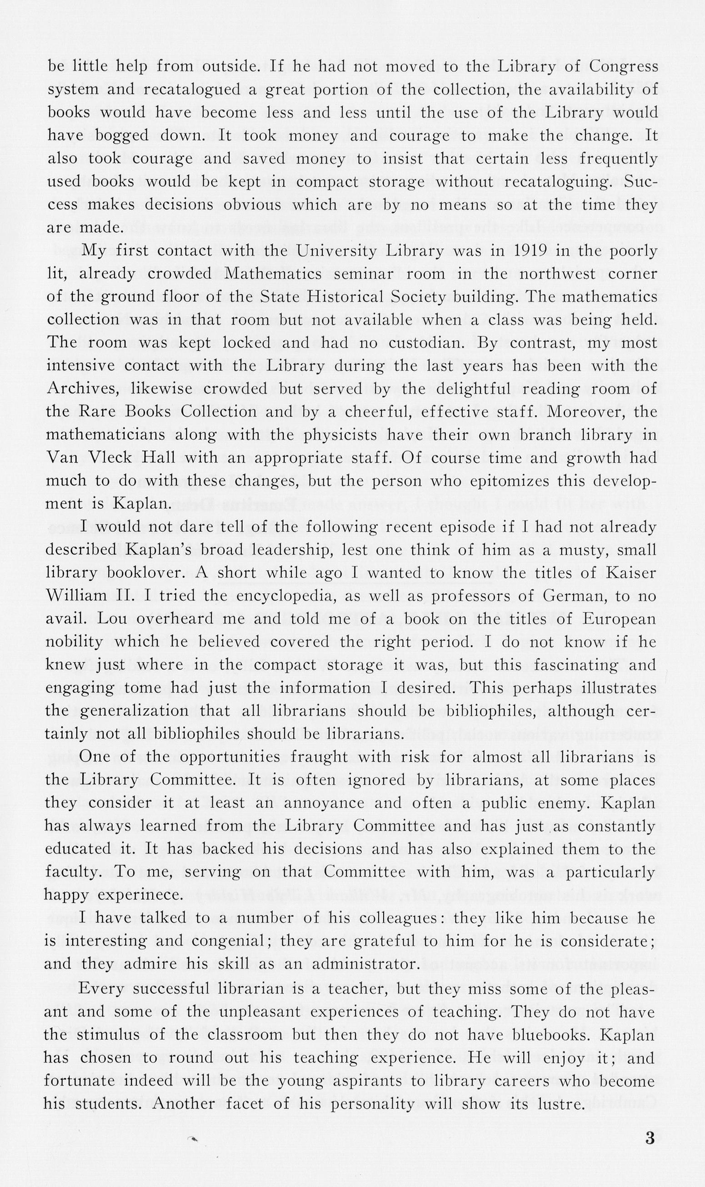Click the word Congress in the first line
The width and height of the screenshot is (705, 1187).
[624, 66]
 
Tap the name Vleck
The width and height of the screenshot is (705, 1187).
[111, 458]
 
